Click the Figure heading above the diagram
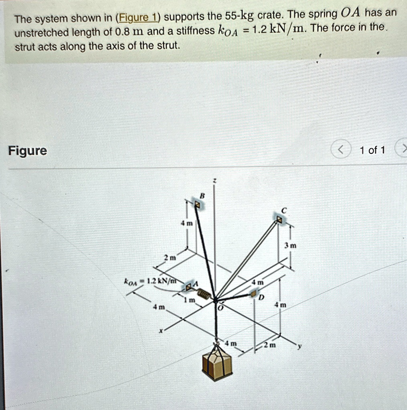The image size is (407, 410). (x=27, y=151)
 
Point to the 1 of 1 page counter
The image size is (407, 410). (x=372, y=151)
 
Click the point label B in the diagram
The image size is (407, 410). (x=202, y=195)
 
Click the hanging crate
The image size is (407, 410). (x=217, y=363)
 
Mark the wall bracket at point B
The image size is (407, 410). (x=197, y=204)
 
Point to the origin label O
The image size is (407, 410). (x=219, y=308)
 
